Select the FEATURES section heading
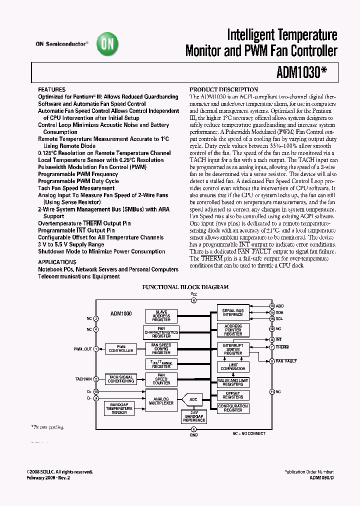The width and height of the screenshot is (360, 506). tap(51, 89)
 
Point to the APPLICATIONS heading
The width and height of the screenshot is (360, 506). tap(57, 262)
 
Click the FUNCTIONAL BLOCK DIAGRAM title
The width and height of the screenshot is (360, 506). tap(185, 287)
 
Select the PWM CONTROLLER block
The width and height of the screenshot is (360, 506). tap(121, 349)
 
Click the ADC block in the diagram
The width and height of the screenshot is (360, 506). tap(194, 399)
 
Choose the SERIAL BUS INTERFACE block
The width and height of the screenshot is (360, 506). tap(232, 312)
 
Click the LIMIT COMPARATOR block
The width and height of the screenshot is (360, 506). tap(233, 366)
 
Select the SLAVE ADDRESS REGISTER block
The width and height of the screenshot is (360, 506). tap(161, 316)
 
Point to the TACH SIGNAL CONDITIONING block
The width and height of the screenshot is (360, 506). tap(121, 379)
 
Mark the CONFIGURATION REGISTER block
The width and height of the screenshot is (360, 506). tap(232, 408)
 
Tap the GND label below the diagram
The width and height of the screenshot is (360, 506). tap(193, 435)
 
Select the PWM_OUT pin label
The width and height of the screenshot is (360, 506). tap(83, 349)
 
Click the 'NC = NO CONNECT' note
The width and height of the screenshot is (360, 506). tap(248, 433)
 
